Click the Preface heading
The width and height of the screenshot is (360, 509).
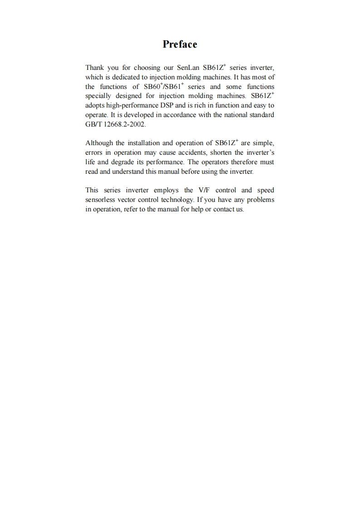(x=180, y=44)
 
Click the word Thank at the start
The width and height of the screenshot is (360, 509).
(x=94, y=68)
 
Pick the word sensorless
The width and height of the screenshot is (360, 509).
(x=100, y=200)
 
